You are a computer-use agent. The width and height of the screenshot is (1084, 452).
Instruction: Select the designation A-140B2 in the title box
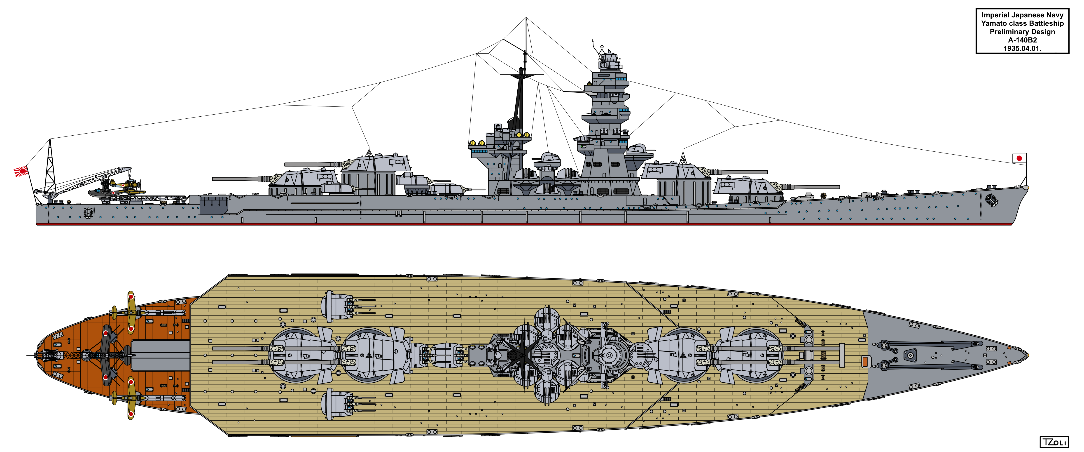[1022, 40]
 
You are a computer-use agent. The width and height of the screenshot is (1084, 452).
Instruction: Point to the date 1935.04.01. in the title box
[1022, 48]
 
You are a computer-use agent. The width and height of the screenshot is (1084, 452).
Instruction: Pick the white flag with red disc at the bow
[1019, 158]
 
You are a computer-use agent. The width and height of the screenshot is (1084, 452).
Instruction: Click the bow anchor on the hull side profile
[992, 200]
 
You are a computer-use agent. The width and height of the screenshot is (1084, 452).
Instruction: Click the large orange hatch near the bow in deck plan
[866, 361]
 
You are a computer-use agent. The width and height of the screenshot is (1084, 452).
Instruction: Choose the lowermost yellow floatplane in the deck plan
[131, 398]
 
